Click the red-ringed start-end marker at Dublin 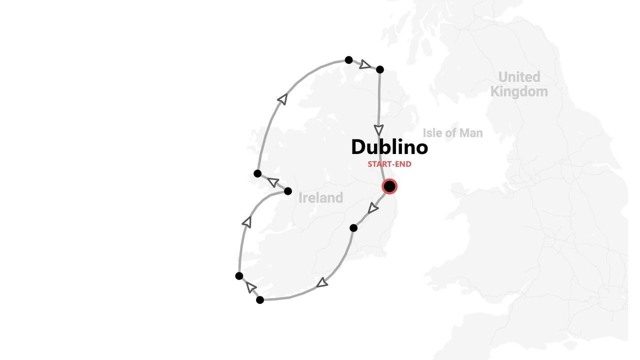pyautogui.click(x=389, y=186)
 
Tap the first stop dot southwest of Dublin pyautogui.click(x=353, y=228)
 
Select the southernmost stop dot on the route pyautogui.click(x=260, y=300)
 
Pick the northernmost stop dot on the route pyautogui.click(x=348, y=60)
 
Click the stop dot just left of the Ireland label pyautogui.click(x=287, y=191)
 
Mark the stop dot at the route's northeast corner pyautogui.click(x=379, y=69)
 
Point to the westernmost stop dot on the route pyautogui.click(x=239, y=276)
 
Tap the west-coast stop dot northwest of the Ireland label pyautogui.click(x=257, y=173)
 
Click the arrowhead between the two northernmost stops pyautogui.click(x=365, y=64)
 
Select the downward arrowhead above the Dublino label pyautogui.click(x=379, y=130)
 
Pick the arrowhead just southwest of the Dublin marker pyautogui.click(x=372, y=208)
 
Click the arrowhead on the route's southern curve pyautogui.click(x=322, y=283)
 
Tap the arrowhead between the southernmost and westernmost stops pyautogui.click(x=250, y=287)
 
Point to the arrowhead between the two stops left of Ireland pyautogui.click(x=273, y=182)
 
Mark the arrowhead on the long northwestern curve pyautogui.click(x=283, y=99)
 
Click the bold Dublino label pyautogui.click(x=389, y=147)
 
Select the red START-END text pyautogui.click(x=389, y=164)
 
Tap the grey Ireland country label pyautogui.click(x=320, y=198)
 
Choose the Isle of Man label pyautogui.click(x=452, y=133)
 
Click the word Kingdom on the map pyautogui.click(x=518, y=92)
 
